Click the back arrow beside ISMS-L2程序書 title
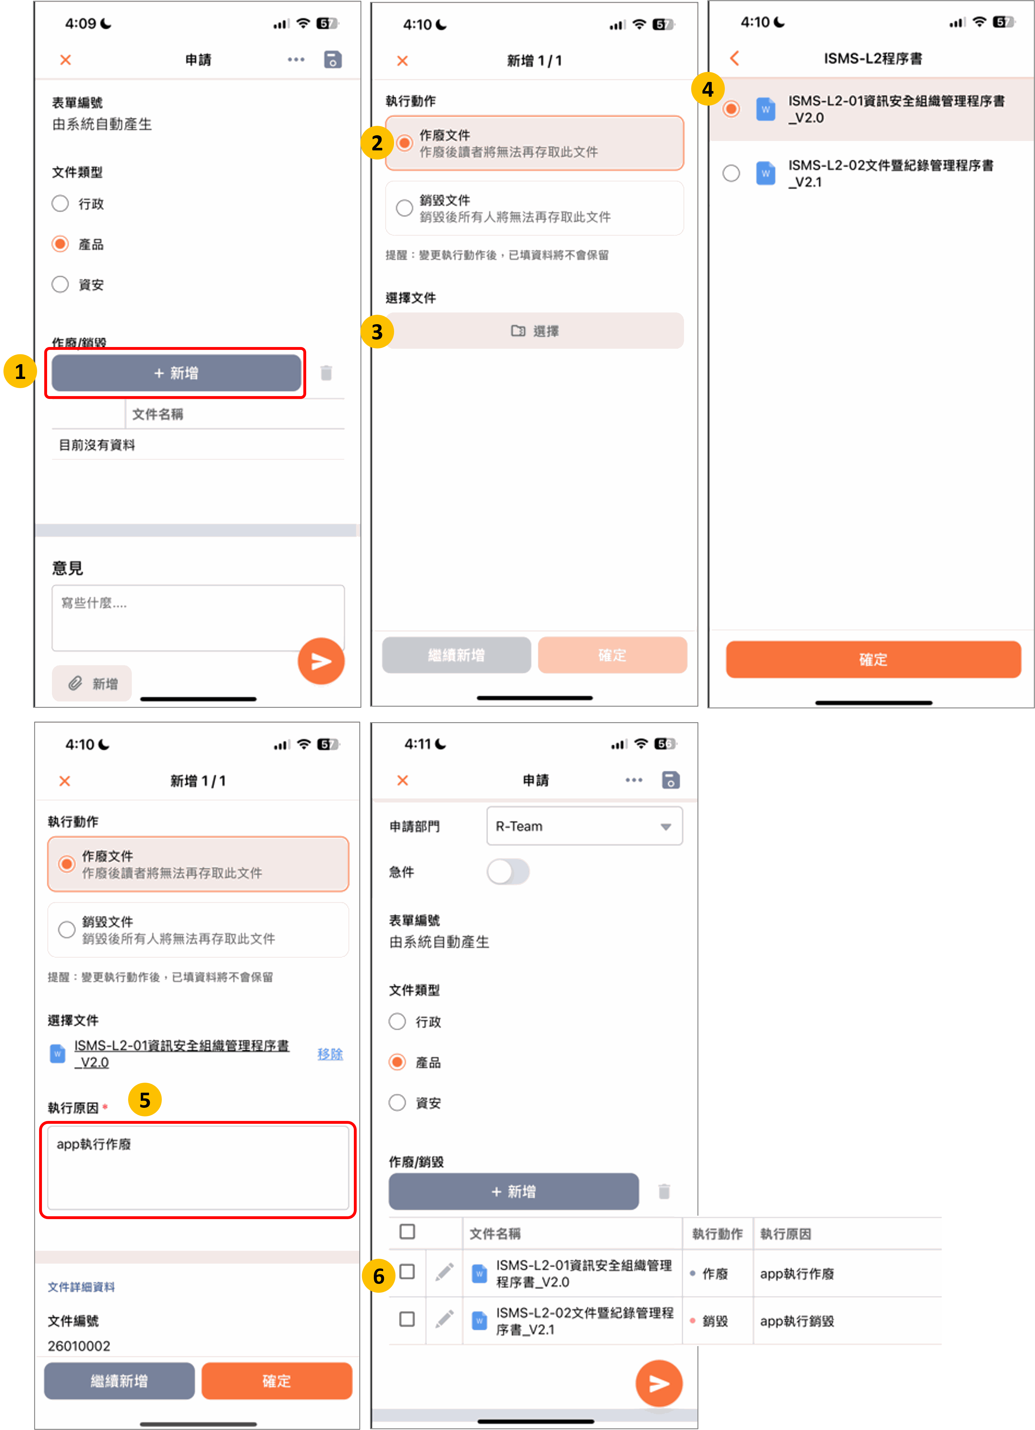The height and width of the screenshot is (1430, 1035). [734, 59]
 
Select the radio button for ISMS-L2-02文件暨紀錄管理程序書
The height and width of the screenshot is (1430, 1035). [731, 173]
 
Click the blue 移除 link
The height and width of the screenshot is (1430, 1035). [330, 1054]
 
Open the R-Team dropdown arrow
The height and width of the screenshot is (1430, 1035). [666, 827]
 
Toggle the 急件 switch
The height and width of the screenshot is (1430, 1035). [508, 872]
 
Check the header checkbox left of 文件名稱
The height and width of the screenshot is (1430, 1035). [407, 1231]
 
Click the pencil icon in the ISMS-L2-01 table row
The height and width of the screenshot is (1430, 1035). [444, 1272]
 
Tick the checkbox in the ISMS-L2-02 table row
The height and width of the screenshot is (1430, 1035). [407, 1319]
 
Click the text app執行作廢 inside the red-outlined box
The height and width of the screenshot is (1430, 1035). [94, 1144]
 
